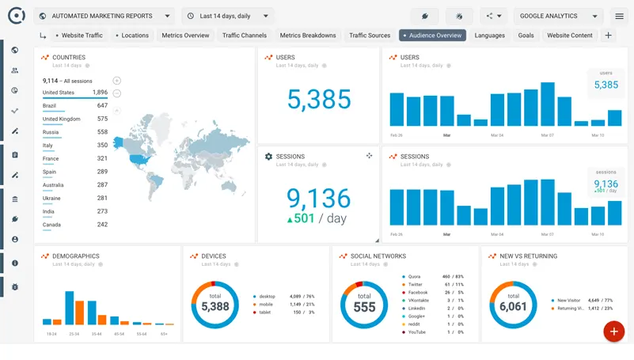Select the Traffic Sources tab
(x=370, y=36)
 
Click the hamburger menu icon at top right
(x=619, y=16)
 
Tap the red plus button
(x=613, y=332)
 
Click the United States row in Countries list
(x=59, y=93)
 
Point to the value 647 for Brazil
(x=102, y=106)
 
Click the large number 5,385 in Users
(x=319, y=100)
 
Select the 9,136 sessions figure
(x=318, y=197)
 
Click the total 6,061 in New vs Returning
(x=513, y=306)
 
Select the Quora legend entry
(x=414, y=277)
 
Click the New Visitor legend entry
(x=568, y=301)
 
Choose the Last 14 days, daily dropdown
(x=227, y=16)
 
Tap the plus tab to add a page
(x=608, y=36)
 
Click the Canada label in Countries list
(x=51, y=225)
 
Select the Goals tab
(x=526, y=36)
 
